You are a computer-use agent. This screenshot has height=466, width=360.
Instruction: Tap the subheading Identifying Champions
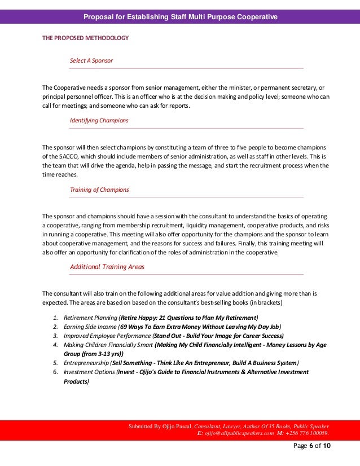[99, 120]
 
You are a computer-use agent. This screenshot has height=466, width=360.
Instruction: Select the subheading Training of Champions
[99, 190]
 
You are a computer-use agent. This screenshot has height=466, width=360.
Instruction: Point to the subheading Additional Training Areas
[107, 267]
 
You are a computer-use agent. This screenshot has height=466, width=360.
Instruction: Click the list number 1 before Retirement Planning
[55, 318]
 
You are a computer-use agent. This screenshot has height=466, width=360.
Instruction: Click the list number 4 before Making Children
[55, 345]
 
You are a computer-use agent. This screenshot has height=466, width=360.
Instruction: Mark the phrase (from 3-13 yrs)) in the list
[100, 354]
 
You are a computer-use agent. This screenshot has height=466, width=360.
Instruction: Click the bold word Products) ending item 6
[76, 381]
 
